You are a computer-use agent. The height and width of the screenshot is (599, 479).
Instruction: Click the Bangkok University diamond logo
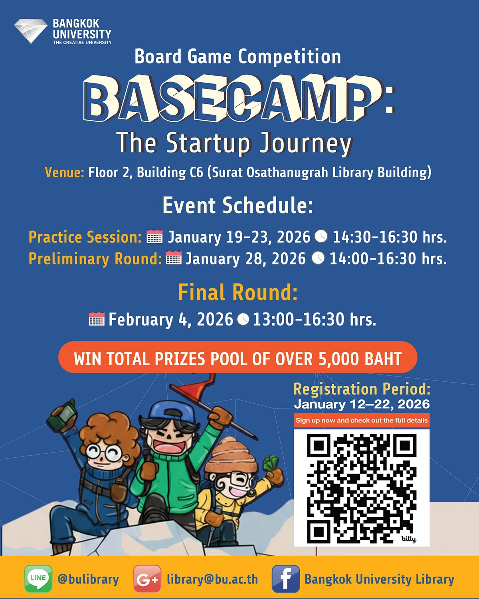coord(31,31)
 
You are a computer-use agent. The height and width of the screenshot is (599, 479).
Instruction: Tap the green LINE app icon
coord(38,579)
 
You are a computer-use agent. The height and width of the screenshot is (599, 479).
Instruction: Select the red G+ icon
coord(147,579)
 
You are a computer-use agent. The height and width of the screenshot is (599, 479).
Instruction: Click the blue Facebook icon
coord(286,579)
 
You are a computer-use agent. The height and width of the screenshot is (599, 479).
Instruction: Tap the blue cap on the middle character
coord(172,411)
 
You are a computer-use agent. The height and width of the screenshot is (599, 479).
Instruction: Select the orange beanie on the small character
coord(231,454)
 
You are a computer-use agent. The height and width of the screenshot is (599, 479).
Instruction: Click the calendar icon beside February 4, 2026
coord(97,319)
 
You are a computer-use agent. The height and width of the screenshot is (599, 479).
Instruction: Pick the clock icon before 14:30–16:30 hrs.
coord(321,236)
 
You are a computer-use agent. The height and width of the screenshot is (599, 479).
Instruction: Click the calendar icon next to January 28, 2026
coord(173,258)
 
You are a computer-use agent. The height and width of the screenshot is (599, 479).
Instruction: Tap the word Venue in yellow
coord(65,173)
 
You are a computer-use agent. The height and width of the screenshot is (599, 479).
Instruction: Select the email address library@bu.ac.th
coord(212,579)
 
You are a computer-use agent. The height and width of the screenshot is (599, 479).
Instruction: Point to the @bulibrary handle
coord(88,579)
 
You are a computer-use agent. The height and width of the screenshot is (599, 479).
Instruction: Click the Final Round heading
coord(238,292)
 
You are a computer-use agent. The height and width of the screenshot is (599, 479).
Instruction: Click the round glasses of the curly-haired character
coord(104,452)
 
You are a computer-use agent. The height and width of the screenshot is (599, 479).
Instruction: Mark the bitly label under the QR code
coord(409,539)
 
